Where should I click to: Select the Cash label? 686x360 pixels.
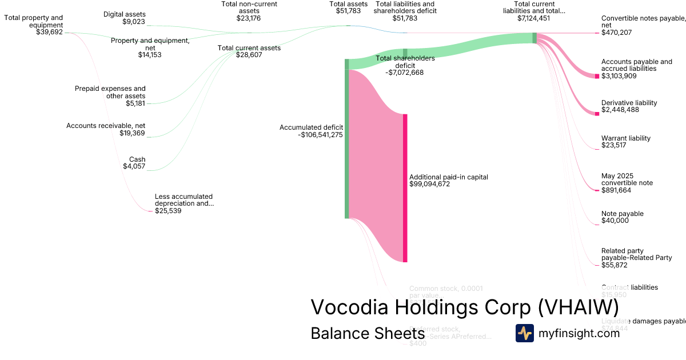point(137,159)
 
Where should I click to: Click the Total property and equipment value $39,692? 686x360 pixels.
point(49,33)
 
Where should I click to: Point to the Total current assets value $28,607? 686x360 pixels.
point(249,55)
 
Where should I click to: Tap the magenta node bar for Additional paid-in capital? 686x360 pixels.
point(405,188)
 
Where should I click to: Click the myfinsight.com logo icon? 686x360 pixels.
point(525,333)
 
